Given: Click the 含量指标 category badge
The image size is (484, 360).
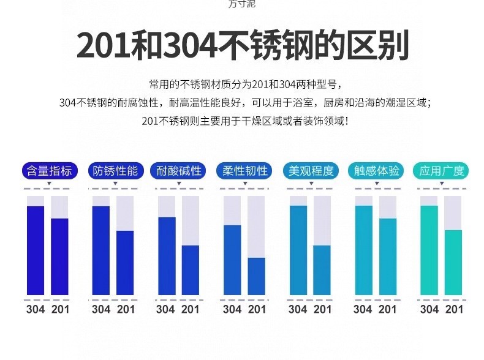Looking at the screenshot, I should click(x=49, y=171).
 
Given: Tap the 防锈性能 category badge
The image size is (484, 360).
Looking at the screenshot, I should click(x=115, y=171).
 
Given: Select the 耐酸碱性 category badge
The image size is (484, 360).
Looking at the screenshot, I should click(x=180, y=171).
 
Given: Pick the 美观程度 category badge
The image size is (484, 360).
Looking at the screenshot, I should click(x=311, y=171).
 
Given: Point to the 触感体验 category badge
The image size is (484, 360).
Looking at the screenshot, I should click(x=376, y=171).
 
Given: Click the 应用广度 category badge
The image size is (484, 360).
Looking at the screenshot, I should click(x=441, y=171).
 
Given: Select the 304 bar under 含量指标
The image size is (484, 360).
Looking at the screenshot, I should click(x=36, y=250).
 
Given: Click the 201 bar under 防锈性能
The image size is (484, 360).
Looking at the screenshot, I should click(x=125, y=263).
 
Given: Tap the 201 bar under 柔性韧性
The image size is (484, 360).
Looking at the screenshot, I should click(x=257, y=276).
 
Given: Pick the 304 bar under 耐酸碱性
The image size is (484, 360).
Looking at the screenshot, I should click(x=167, y=256).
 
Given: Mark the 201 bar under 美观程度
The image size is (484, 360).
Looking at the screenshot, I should click(x=322, y=270).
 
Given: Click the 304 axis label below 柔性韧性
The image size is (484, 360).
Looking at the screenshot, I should click(x=232, y=309).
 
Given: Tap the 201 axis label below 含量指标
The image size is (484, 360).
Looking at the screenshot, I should click(x=60, y=309).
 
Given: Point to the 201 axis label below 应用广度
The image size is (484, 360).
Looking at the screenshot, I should click(x=454, y=309).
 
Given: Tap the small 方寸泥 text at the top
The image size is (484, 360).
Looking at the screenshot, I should click(x=241, y=4).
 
